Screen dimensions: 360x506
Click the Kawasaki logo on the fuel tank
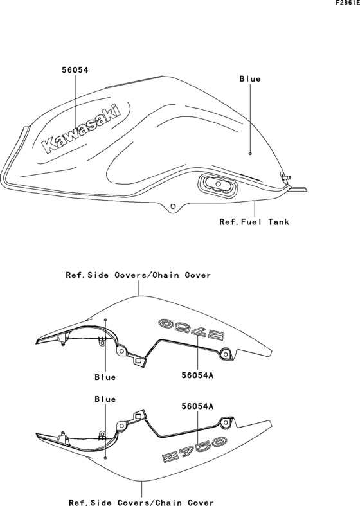[x=81, y=128]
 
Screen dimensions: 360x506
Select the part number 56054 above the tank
[x=75, y=69]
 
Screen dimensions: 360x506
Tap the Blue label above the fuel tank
[x=250, y=78]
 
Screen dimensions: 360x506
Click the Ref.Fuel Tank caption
[x=254, y=222]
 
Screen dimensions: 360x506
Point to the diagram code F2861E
[x=347, y=3]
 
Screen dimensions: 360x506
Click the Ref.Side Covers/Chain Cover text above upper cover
[x=138, y=275]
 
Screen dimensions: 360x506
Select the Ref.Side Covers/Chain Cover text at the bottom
[x=141, y=502]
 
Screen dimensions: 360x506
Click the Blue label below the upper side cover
[x=105, y=377]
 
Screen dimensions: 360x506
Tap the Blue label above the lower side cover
[x=105, y=399]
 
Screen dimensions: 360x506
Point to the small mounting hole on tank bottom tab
[x=173, y=206]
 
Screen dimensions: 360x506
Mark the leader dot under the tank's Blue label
[x=250, y=154]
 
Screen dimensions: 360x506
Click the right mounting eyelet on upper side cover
[x=226, y=354]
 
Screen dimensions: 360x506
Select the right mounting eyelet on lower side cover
[x=225, y=422]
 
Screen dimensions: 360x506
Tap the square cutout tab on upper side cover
[x=138, y=361]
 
